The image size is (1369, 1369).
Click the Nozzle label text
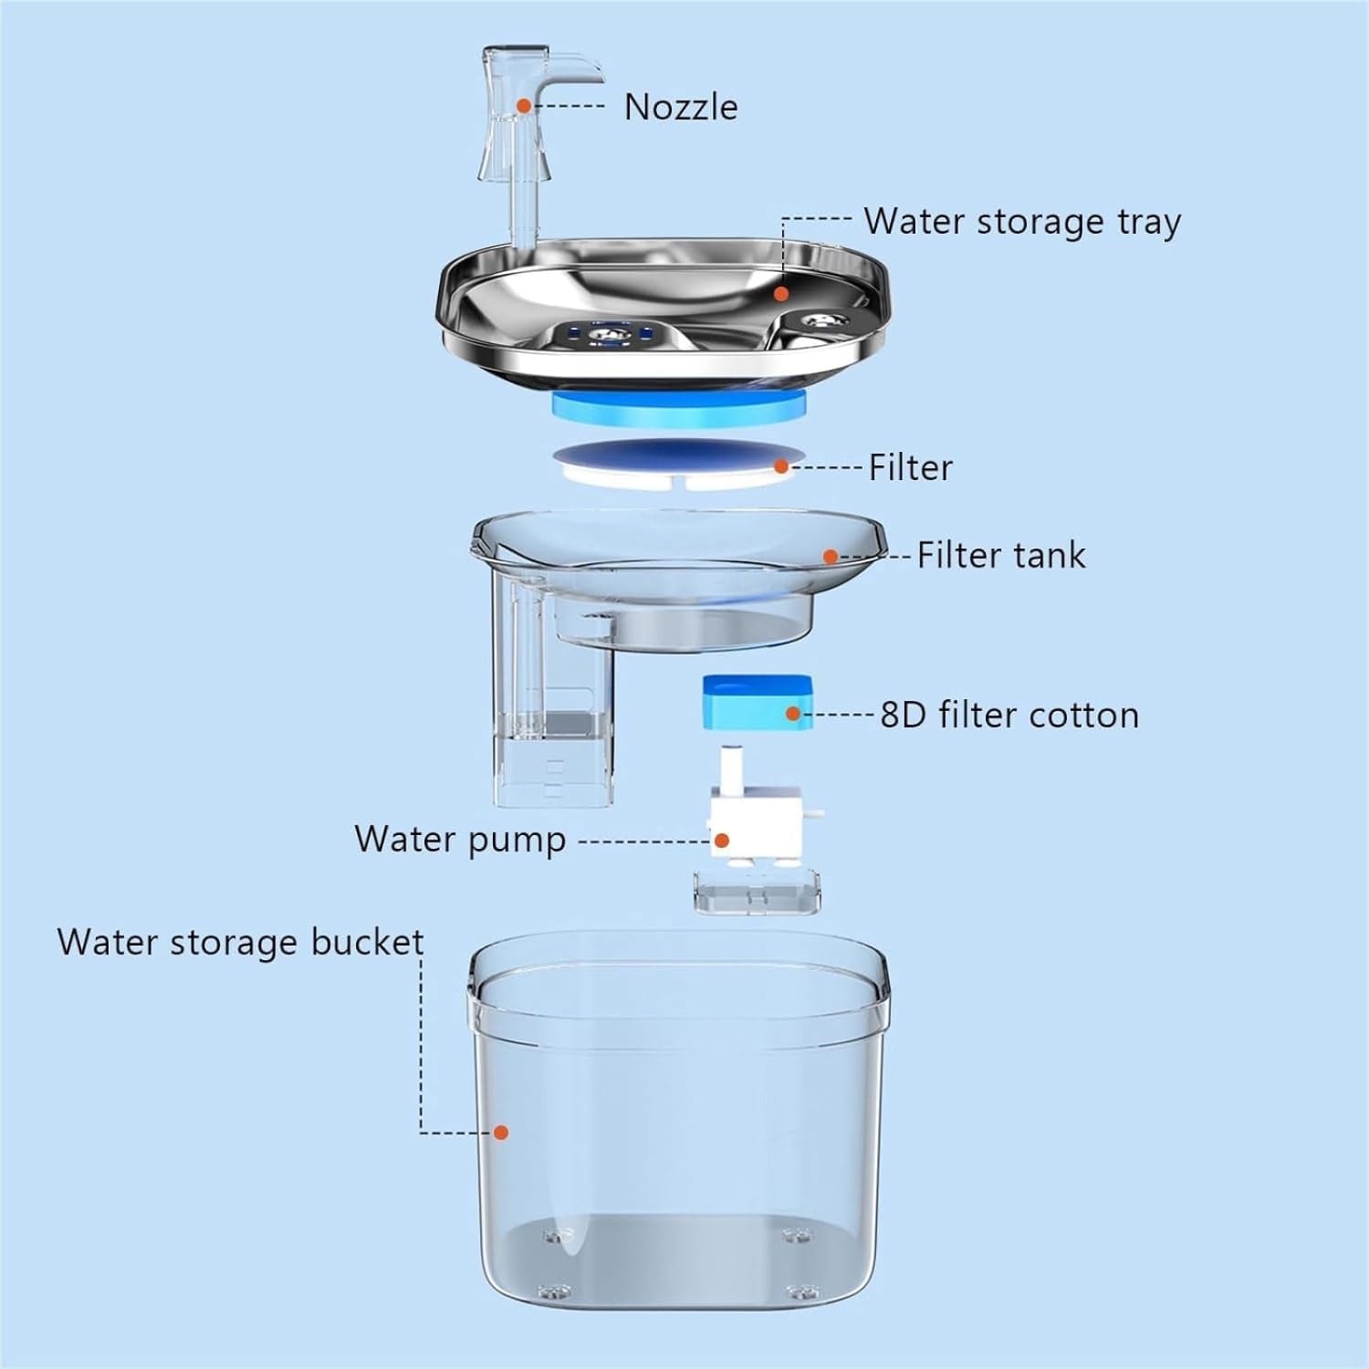click(x=681, y=107)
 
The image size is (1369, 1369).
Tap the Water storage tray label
click(x=1022, y=222)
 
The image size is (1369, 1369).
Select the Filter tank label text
click(x=1001, y=555)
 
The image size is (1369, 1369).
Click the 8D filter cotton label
click(x=1009, y=715)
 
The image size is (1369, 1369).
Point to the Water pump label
click(x=460, y=840)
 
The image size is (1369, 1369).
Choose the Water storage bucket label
click(x=241, y=942)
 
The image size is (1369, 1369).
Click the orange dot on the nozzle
click(x=524, y=106)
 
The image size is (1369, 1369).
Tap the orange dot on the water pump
click(x=722, y=840)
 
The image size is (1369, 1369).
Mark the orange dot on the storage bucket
click(x=500, y=1133)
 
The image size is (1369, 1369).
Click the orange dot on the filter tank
click(x=831, y=556)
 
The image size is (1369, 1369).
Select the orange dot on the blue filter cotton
click(x=793, y=714)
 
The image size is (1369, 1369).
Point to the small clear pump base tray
click(x=757, y=893)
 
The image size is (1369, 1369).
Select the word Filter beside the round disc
click(x=910, y=467)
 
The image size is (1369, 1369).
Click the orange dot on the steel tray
click(x=781, y=294)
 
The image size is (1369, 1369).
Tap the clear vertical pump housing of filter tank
click(x=554, y=694)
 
